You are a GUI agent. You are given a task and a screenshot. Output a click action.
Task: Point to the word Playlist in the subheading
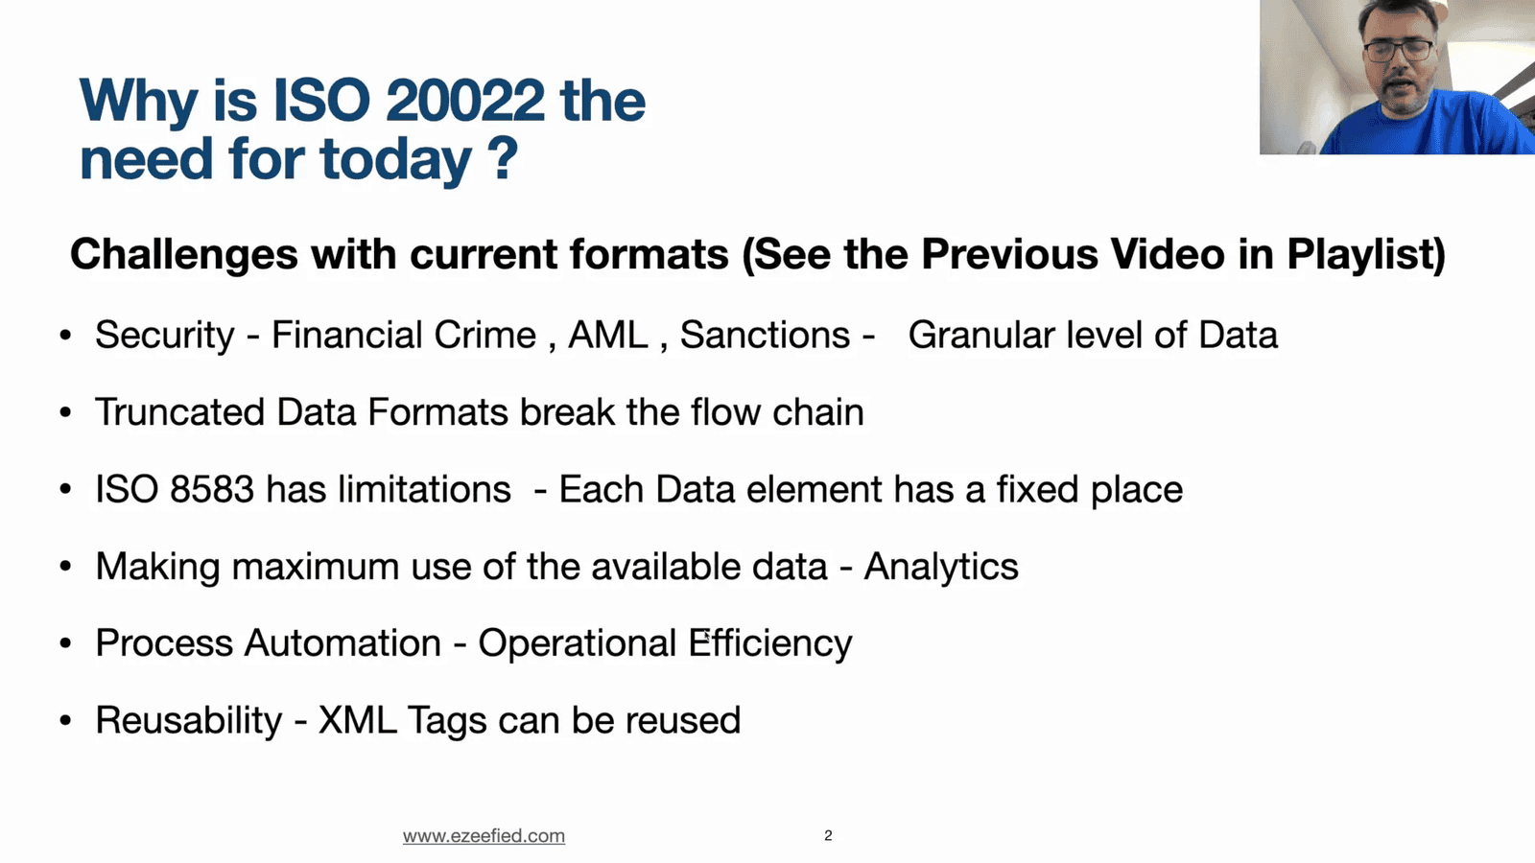click(1365, 255)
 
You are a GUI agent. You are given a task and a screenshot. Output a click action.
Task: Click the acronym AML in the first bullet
click(608, 336)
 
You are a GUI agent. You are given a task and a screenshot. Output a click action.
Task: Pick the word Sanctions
click(765, 336)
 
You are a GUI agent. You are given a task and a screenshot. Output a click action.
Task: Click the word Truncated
click(179, 413)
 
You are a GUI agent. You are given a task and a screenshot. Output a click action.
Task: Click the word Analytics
click(941, 568)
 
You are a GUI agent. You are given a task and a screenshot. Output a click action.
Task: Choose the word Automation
click(342, 643)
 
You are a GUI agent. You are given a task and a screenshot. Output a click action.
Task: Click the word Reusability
click(188, 721)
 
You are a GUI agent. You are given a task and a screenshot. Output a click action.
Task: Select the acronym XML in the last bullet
click(357, 721)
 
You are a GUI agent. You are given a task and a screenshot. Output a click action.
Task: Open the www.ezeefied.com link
click(484, 836)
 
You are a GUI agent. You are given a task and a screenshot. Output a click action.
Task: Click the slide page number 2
click(828, 836)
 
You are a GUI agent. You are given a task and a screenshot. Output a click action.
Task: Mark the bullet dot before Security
click(65, 336)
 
